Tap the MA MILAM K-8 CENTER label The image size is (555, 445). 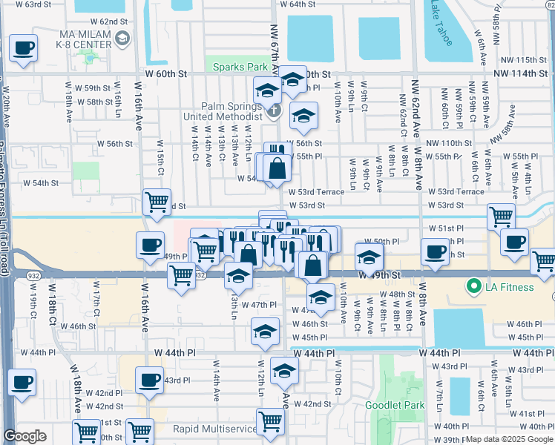[76, 38]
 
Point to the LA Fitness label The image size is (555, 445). [510, 286]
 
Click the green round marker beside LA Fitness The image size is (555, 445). [472, 286]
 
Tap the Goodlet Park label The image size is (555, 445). [395, 405]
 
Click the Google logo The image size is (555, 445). [24, 436]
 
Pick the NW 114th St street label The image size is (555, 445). [524, 74]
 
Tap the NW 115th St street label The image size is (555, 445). [524, 59]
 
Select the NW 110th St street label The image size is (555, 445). [450, 143]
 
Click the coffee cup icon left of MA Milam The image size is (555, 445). [23, 48]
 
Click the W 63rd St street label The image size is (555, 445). [43, 4]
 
